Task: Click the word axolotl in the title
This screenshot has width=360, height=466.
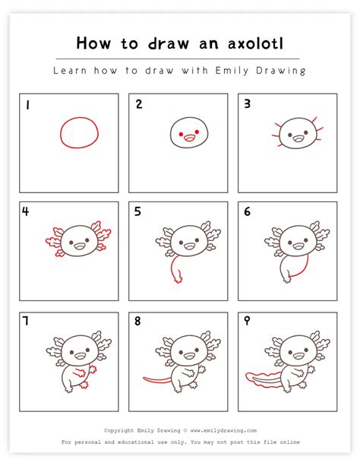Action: click(x=256, y=43)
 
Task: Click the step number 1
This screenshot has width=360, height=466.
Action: click(x=27, y=105)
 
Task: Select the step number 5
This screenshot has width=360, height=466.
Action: click(x=137, y=211)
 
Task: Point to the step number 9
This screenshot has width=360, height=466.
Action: click(x=247, y=321)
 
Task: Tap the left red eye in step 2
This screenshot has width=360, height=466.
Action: click(x=181, y=135)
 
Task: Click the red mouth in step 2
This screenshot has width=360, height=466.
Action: click(x=189, y=138)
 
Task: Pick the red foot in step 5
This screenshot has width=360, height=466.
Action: click(x=178, y=279)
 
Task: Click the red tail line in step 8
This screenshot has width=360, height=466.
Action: click(x=156, y=380)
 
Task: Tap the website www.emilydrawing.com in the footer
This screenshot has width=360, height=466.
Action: click(x=223, y=430)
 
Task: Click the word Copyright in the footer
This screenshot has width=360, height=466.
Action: click(x=118, y=430)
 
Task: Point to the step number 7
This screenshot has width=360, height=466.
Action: click(x=26, y=321)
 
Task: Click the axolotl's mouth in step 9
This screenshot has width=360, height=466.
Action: click(x=298, y=355)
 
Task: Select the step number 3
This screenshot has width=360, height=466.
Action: click(x=247, y=103)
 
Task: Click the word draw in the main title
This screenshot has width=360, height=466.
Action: click(x=169, y=43)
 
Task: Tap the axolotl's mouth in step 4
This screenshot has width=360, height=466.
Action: click(x=79, y=246)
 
